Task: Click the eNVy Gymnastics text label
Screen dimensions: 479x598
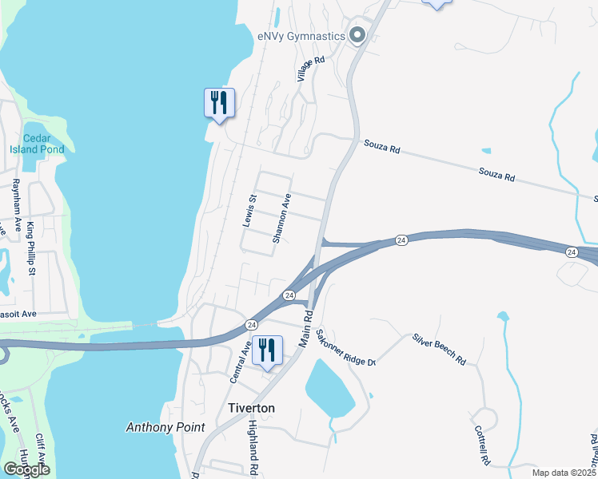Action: coord(301,35)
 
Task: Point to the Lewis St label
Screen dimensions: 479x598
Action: coord(250,210)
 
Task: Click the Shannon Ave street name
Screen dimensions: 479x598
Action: coord(282,218)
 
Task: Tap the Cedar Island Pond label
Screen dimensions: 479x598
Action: coord(37,143)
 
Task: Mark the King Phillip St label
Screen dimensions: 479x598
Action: coord(32,249)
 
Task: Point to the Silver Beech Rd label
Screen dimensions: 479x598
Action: coord(439,349)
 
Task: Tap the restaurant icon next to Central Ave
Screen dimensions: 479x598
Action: coord(267,350)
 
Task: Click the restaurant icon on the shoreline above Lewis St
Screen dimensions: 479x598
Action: coord(219,103)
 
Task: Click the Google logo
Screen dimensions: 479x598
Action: coord(27,469)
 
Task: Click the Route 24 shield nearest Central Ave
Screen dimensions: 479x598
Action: coord(251,325)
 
